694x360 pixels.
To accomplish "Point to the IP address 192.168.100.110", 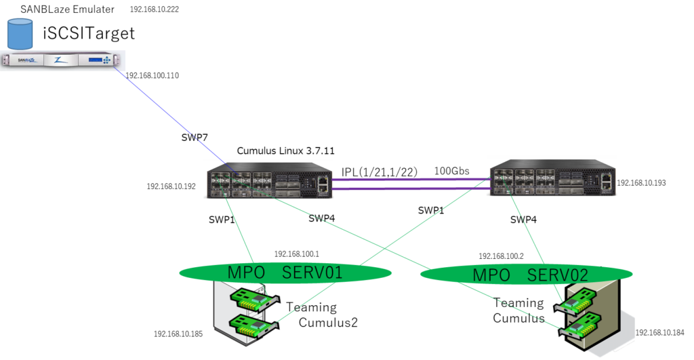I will point(152,76).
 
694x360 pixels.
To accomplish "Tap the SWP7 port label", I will point(195,138).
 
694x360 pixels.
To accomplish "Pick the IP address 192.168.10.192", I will point(171,186).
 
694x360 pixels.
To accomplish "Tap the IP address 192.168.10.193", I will point(641,183).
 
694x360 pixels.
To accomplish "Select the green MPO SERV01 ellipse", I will point(285,273).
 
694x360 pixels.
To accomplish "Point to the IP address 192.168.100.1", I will point(296,254).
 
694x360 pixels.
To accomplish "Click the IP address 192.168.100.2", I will point(501,256).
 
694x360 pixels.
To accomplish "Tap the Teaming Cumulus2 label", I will point(321,315).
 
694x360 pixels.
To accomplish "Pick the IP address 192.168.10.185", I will point(178,334).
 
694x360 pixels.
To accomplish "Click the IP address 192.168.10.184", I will point(659,333).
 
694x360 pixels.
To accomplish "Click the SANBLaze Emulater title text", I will point(67,9).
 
